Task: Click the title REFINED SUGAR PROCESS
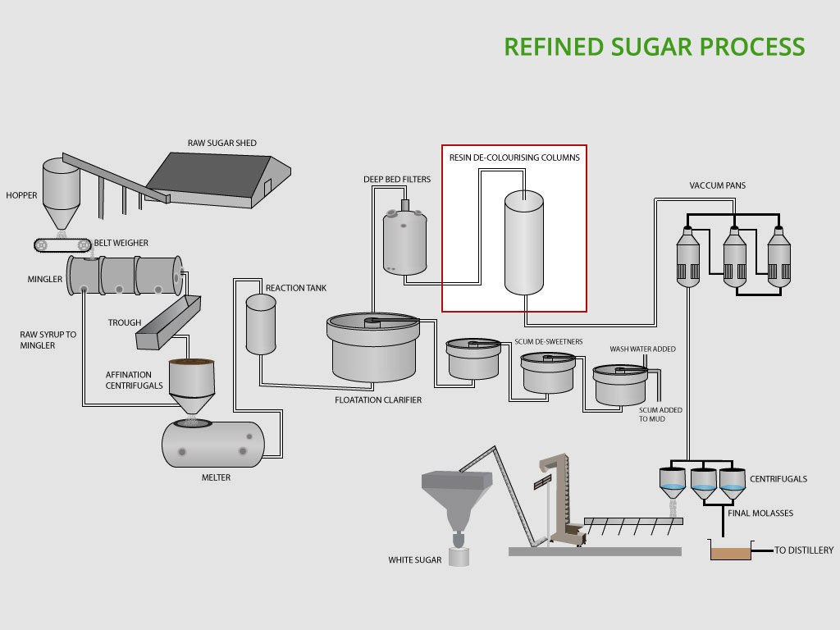pyautogui.click(x=654, y=47)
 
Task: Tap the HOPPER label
pyautogui.click(x=21, y=195)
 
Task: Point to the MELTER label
pyautogui.click(x=216, y=477)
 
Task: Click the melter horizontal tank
pyautogui.click(x=212, y=444)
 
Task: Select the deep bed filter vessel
pyautogui.click(x=405, y=241)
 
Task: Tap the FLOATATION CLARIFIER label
pyautogui.click(x=378, y=400)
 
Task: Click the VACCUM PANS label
pyautogui.click(x=717, y=185)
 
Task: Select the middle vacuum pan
pyautogui.click(x=734, y=257)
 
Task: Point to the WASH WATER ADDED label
pyautogui.click(x=642, y=349)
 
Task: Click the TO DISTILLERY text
pyautogui.click(x=804, y=550)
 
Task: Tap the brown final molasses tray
pyautogui.click(x=730, y=553)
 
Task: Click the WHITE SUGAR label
pyautogui.click(x=415, y=560)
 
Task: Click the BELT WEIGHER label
pyautogui.click(x=121, y=243)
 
